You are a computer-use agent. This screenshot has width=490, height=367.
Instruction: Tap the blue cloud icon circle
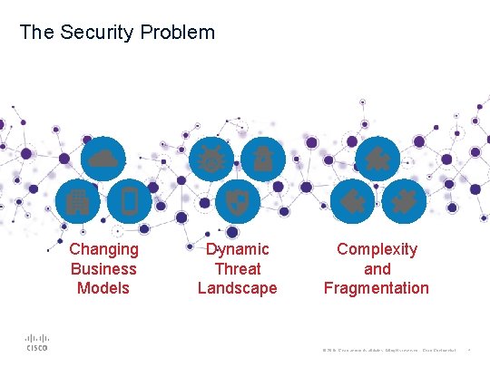103,159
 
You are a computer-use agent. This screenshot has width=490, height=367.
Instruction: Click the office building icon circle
76,201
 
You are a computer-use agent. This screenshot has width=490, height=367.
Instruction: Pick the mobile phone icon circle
129,201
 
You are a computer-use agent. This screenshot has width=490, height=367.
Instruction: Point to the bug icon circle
211,159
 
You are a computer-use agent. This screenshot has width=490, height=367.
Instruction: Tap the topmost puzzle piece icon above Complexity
377,159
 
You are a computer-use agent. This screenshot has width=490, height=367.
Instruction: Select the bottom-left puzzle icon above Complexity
349,201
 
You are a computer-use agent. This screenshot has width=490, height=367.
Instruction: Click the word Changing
104,249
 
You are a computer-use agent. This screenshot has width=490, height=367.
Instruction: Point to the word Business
103,269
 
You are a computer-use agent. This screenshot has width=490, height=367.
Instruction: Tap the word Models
103,288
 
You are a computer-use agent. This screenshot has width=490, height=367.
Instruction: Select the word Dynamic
238,249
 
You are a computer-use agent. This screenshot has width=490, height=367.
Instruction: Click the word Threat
238,269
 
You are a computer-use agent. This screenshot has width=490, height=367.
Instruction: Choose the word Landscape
238,288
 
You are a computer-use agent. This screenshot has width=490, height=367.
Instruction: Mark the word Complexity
377,249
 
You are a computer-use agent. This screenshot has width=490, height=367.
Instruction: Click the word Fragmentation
377,288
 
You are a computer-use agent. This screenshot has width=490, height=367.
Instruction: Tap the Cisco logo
36,341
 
